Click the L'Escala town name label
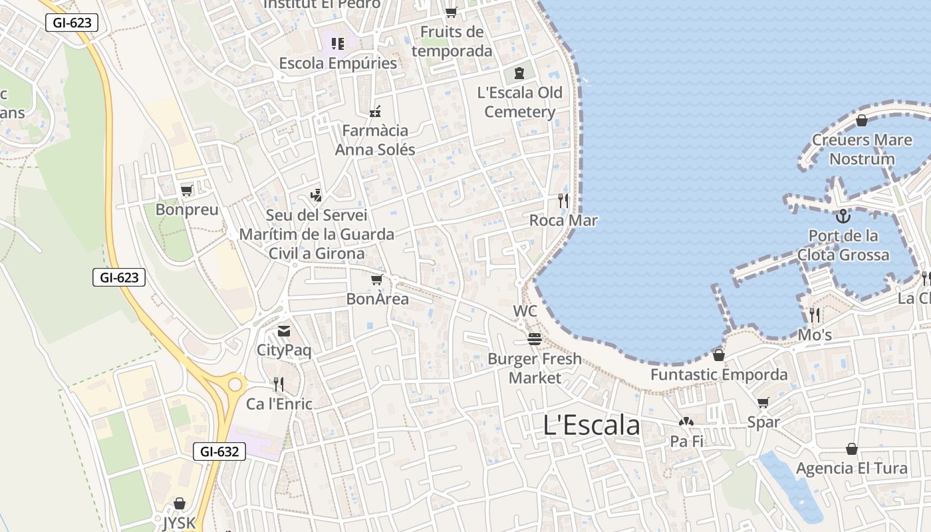coord(591,426)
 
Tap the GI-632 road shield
coord(219,452)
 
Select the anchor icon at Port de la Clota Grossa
coord(843,216)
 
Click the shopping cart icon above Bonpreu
coord(187,191)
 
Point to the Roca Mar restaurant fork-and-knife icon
coord(563,200)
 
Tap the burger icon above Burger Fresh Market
coord(534,339)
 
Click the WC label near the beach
coord(525,311)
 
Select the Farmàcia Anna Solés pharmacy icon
coord(375,110)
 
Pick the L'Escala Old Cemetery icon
coord(519,72)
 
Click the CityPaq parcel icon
coord(284,331)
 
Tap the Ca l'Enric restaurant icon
coord(279,384)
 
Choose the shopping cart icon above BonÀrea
coord(377,280)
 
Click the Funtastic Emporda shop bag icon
coord(718,355)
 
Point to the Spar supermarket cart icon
coord(763,402)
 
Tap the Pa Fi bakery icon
coord(686,422)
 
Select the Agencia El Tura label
coord(851,468)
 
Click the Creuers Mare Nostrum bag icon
coord(862,120)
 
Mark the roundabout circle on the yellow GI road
coord(235,384)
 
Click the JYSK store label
coord(180,523)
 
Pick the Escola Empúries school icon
coord(338,44)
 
